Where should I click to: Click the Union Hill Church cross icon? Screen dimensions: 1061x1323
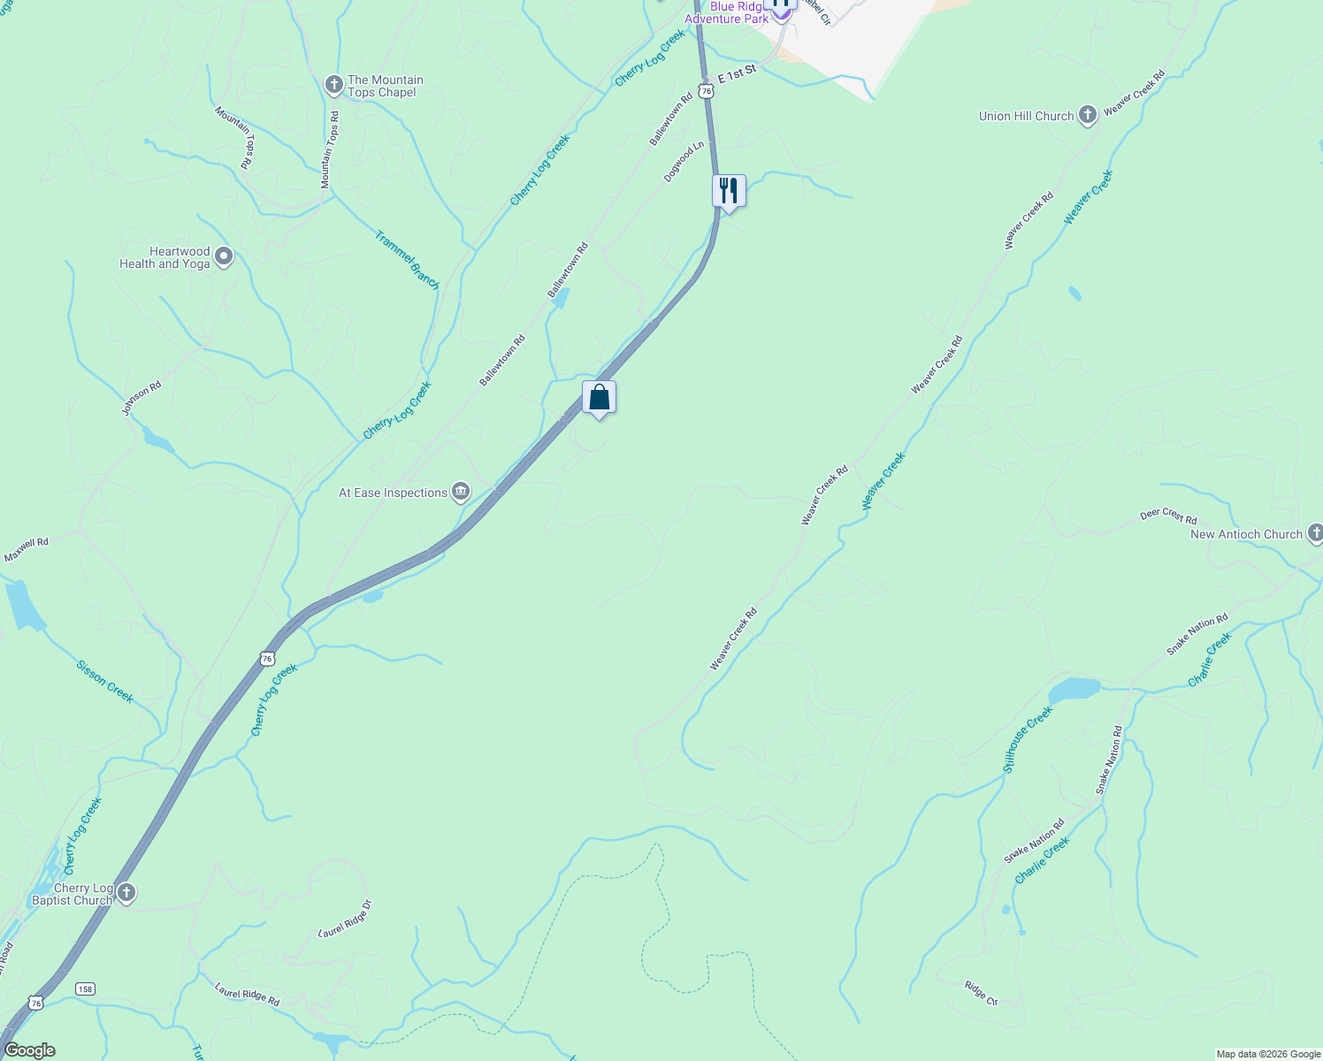[x=1088, y=115]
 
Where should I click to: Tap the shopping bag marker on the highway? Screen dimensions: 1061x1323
[x=599, y=398]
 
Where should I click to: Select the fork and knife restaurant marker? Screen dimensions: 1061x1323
[x=728, y=191]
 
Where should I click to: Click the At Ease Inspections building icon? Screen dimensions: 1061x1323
[x=460, y=492]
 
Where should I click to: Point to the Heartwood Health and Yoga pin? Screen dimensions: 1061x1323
[x=224, y=257]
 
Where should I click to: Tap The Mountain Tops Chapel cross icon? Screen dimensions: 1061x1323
[x=333, y=85]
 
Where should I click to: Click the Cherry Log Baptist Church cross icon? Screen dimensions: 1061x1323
[x=126, y=893]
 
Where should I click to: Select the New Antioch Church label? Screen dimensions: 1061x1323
[x=1246, y=534]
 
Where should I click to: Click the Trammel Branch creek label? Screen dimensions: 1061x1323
[x=407, y=260]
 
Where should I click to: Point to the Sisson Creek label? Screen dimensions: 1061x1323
[x=104, y=682]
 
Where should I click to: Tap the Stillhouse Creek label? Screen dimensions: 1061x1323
[x=1028, y=739]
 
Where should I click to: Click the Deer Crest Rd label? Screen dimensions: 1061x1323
[x=1168, y=515]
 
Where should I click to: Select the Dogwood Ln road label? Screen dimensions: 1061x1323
[x=684, y=161]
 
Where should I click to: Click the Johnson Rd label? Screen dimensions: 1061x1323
[x=141, y=398]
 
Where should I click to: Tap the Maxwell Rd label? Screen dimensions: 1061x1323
[x=27, y=549]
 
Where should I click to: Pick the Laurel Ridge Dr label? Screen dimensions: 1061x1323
[x=345, y=919]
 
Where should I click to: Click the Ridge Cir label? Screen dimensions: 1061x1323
[x=981, y=993]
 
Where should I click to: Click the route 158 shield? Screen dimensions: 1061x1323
[x=85, y=988]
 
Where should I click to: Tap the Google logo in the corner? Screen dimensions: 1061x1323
[x=29, y=1050]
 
